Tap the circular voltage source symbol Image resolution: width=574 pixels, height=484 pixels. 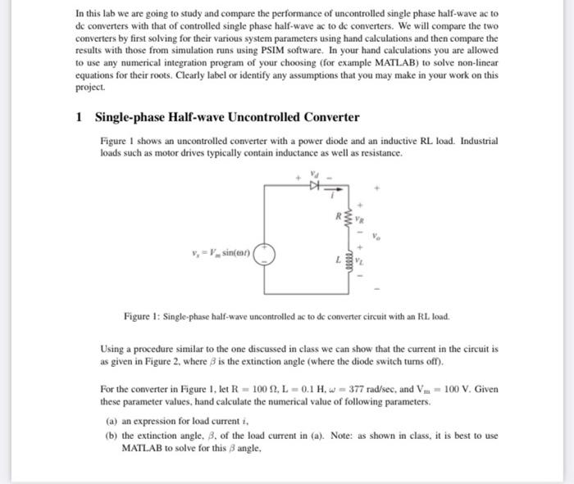(264, 251)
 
